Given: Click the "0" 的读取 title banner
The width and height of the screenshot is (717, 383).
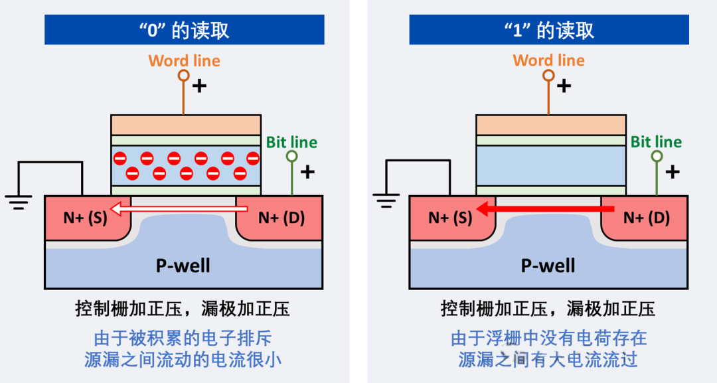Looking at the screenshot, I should [x=184, y=30].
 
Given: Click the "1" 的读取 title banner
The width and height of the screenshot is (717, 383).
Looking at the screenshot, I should [x=548, y=30].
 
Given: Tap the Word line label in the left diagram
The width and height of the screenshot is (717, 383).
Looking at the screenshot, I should [x=184, y=61].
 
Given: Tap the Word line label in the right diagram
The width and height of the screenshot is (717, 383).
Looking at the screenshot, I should [x=548, y=61].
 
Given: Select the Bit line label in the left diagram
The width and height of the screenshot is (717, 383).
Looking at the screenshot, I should [x=291, y=142].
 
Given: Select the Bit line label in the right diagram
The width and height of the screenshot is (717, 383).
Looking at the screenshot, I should [x=656, y=142].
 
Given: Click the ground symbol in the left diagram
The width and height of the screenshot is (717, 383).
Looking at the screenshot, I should [x=19, y=200].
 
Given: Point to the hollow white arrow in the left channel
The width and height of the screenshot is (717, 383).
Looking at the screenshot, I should [x=179, y=211].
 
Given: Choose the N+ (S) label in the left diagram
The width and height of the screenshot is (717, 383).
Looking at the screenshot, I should [x=85, y=218].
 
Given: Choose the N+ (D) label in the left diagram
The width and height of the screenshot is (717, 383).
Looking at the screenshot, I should [x=281, y=218].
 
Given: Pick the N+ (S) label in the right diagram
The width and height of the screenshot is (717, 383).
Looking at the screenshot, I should [x=450, y=218].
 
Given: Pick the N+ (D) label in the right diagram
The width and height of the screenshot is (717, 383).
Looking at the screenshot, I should [x=647, y=218].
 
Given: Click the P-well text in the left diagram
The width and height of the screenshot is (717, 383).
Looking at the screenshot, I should [x=183, y=266].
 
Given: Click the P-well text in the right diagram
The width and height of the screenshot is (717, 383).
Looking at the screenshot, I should [x=548, y=266].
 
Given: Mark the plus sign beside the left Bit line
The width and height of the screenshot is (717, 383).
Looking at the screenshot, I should [x=307, y=173].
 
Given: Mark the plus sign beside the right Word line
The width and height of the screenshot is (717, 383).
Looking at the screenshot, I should [x=564, y=85].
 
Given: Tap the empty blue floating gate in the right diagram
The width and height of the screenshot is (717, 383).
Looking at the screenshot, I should [x=550, y=165].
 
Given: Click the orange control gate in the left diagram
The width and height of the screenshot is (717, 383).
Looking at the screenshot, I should [x=185, y=125].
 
